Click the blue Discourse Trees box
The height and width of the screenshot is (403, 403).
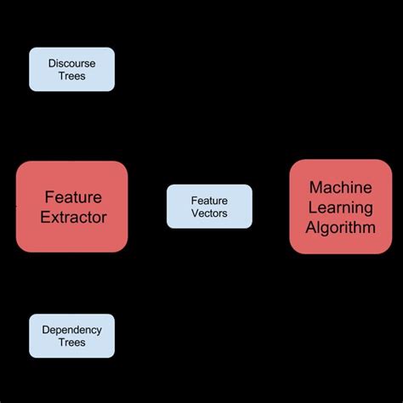pos(71,69)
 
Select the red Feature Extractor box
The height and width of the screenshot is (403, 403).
pos(72,207)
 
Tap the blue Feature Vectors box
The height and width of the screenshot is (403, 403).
pos(209,206)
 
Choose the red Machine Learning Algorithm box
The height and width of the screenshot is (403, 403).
pos(342,207)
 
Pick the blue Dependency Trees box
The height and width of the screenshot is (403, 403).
pos(71,336)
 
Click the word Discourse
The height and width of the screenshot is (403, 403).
pos(71,63)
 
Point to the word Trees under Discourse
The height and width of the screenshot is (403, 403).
pos(71,76)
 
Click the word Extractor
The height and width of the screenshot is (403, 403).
pos(73,218)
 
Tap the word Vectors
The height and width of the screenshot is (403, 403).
pos(209,213)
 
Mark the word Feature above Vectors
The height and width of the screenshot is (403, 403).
pos(209,200)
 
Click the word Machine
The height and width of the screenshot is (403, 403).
pos(342,187)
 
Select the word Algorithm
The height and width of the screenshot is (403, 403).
pos(342,227)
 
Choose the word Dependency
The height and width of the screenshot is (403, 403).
pos(72,330)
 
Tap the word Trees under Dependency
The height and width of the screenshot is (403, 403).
pos(72,343)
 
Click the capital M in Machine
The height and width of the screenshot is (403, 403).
pos(315,187)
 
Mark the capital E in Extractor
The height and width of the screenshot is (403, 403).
pos(44,218)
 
